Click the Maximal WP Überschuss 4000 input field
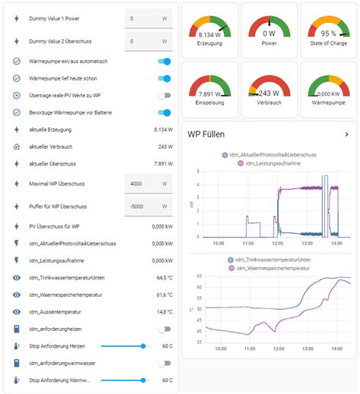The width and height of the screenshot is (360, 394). pos(148,184)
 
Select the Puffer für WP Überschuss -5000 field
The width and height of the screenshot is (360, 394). pos(148,206)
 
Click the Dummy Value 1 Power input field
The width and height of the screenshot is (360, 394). pos(148,17)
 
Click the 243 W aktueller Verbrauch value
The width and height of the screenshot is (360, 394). pos(165,147)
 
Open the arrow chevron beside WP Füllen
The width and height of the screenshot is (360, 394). pos(346,134)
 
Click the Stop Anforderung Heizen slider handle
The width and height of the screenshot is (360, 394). pos(143,345)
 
